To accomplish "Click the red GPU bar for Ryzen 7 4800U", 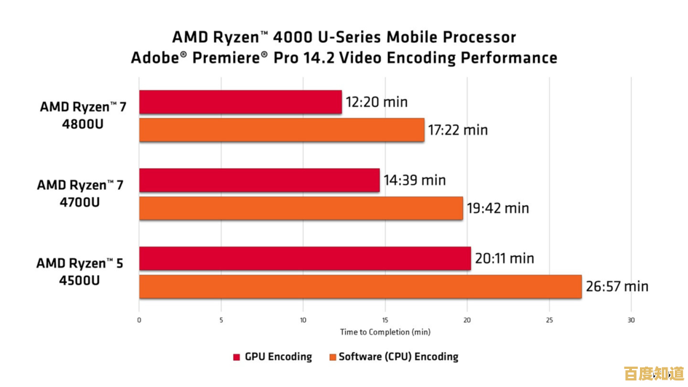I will point(240,102).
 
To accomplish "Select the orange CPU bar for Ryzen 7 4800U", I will point(282,130).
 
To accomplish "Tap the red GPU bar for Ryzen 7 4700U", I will point(259,180).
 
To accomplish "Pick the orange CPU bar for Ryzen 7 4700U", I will point(301,208).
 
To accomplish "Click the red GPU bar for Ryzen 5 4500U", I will point(305,258).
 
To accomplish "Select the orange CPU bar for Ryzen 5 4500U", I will point(360,287).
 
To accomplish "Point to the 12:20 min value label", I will point(376,102).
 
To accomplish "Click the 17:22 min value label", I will point(458,130).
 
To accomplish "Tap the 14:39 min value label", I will point(415,180).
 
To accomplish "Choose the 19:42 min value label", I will point(498,208).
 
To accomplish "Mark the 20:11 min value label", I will point(505,258).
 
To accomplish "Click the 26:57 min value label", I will point(617,287).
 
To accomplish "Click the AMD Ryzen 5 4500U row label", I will point(79,271).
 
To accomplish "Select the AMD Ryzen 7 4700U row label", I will point(79,193).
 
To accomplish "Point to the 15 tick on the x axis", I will point(385,319).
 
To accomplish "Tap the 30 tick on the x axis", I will point(631,319).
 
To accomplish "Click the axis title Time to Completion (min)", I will point(384,332).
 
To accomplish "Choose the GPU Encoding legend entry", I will point(272,356).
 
